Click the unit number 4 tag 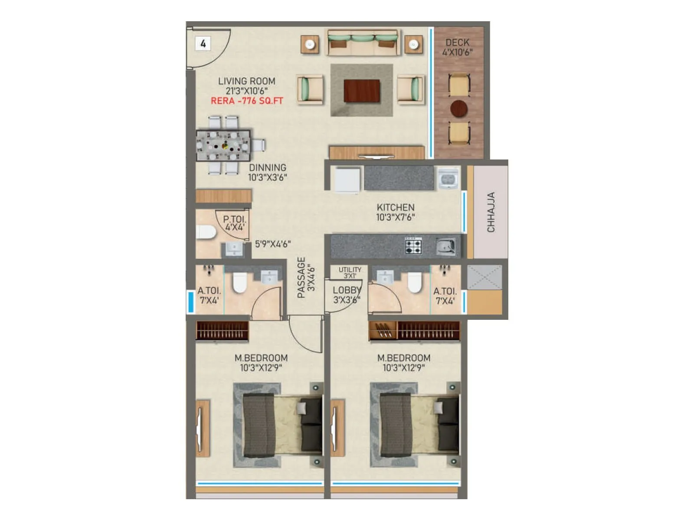point(203,43)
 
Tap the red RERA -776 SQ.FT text point(247,101)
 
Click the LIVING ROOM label point(246,81)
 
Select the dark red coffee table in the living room point(362,91)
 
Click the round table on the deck point(458,109)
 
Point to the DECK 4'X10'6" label point(457,47)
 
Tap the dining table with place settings point(223,146)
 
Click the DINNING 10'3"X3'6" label point(267,172)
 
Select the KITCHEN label point(395,212)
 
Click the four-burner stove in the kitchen point(413,246)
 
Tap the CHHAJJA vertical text point(491,212)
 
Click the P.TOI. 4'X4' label point(234,223)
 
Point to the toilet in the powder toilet point(206,232)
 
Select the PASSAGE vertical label point(305,277)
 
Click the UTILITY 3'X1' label point(350,272)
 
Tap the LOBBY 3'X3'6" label point(347,295)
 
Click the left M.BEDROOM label point(261,363)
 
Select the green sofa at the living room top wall point(363,42)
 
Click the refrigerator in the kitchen point(347,180)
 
